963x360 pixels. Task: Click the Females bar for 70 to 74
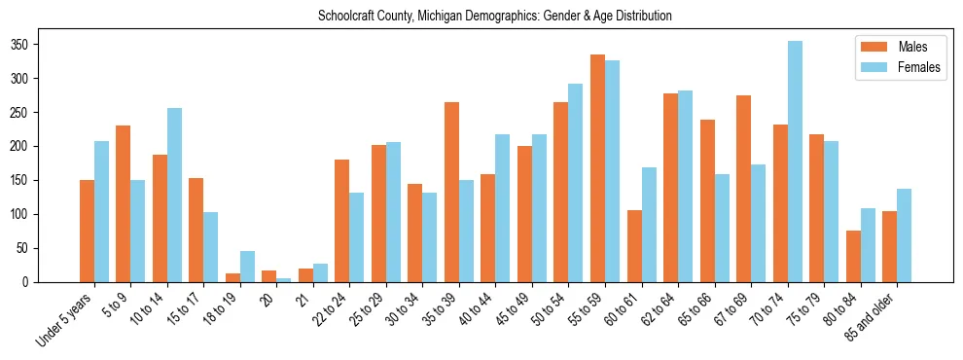(795, 162)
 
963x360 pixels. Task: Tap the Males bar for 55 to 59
(597, 168)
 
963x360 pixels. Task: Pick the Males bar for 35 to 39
(451, 193)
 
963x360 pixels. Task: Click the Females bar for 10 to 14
(174, 196)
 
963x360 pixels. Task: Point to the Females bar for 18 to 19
(247, 267)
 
